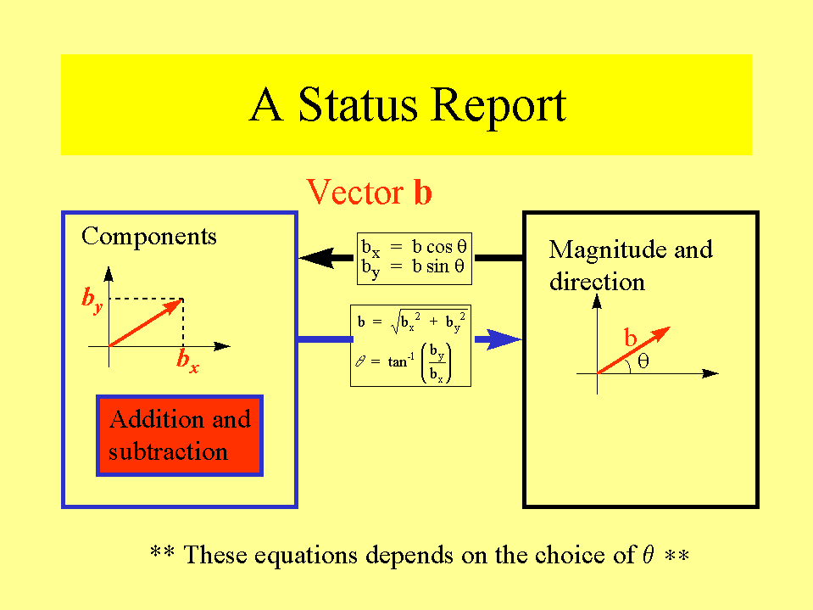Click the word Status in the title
pyautogui.click(x=358, y=105)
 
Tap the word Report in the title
pyautogui.click(x=498, y=107)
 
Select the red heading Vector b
pyautogui.click(x=369, y=192)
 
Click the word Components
pyautogui.click(x=149, y=237)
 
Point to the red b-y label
pyautogui.click(x=92, y=300)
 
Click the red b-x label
pyautogui.click(x=187, y=361)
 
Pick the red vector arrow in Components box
pyautogui.click(x=146, y=322)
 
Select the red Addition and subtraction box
pyautogui.click(x=180, y=436)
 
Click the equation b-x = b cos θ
pyautogui.click(x=414, y=248)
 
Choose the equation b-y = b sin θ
pyautogui.click(x=413, y=268)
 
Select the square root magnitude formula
pyautogui.click(x=411, y=322)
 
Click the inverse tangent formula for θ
pyautogui.click(x=404, y=362)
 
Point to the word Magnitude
pyautogui.click(x=610, y=251)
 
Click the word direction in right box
pyautogui.click(x=598, y=282)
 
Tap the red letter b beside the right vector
pyautogui.click(x=630, y=339)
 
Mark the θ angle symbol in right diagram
pyautogui.click(x=643, y=361)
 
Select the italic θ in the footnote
pyautogui.click(x=649, y=554)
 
